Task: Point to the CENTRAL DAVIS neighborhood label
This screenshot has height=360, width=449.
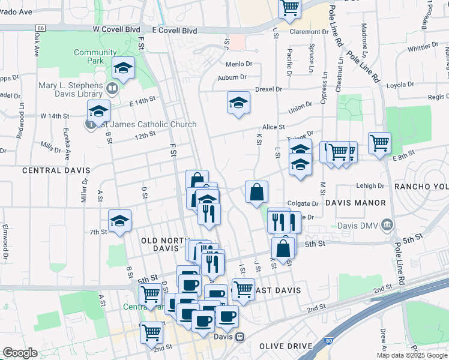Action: [51, 170]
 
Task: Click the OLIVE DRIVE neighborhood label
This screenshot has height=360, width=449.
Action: [286, 346]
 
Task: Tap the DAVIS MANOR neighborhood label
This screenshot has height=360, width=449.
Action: [355, 203]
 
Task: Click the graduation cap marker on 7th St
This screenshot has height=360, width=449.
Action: [119, 222]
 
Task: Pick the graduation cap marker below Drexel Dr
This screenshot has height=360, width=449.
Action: [238, 103]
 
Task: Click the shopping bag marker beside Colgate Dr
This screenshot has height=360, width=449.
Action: [256, 193]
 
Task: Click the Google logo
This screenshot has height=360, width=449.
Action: [20, 353]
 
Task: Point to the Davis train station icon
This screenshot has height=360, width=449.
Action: [240, 337]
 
